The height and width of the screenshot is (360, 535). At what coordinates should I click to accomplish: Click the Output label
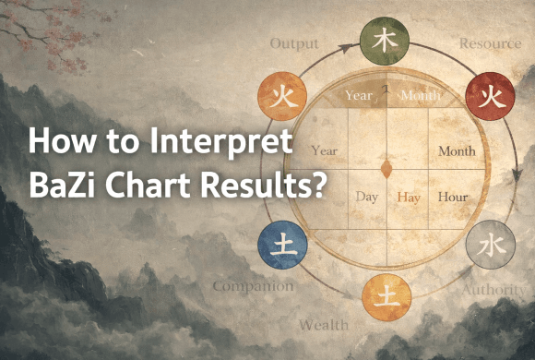coord(294,43)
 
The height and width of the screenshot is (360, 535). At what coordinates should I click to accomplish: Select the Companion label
coord(253,286)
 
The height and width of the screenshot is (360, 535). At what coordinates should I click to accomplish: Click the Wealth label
coord(323,324)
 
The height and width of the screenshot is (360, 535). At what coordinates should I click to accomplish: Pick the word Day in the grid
coord(367,197)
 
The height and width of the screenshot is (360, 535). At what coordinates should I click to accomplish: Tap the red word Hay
coord(409,197)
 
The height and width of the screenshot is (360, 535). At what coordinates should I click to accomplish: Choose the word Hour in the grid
coord(453,197)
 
